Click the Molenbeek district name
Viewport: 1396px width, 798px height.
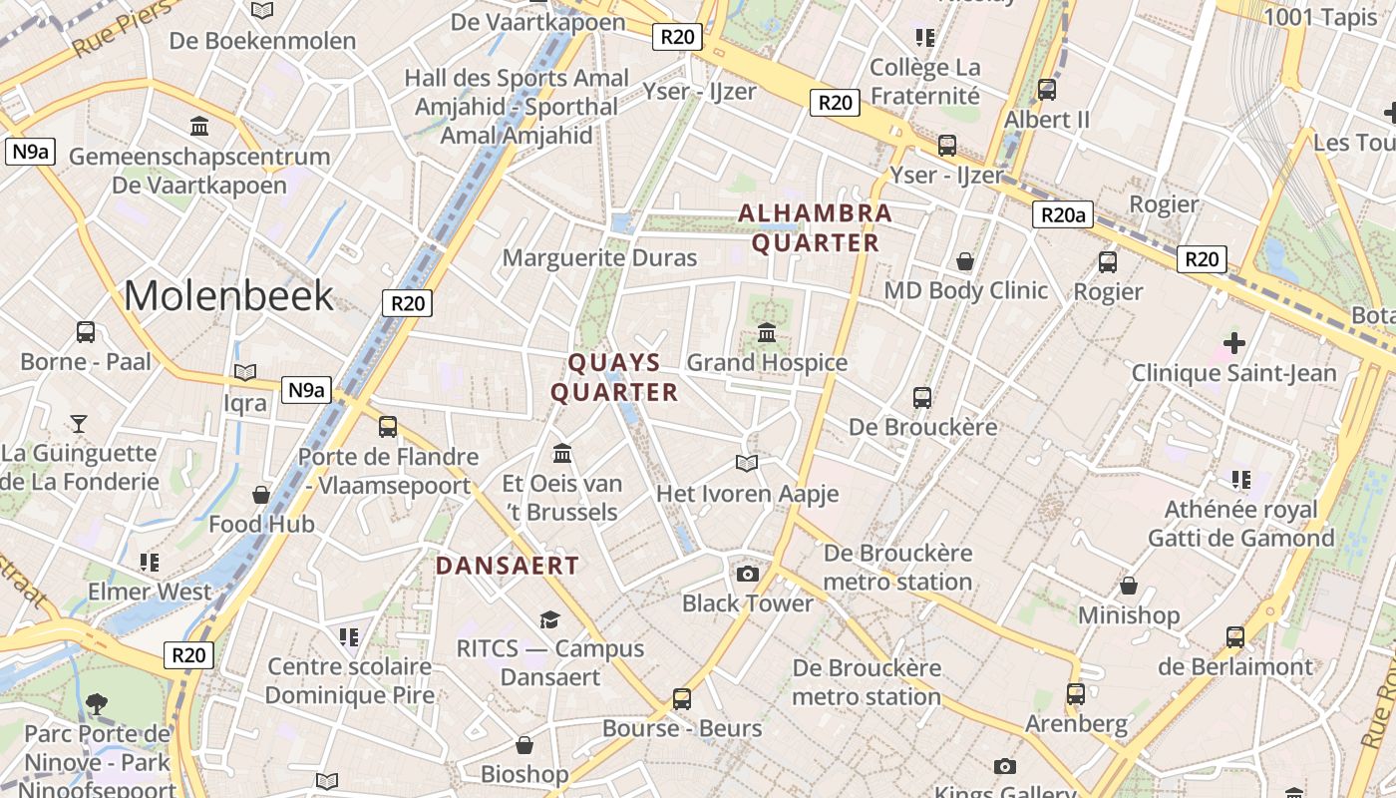pos(228,295)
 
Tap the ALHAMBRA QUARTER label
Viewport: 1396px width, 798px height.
pos(815,228)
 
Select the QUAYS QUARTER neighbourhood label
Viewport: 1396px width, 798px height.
pos(614,377)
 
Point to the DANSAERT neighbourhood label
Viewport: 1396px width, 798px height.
pos(507,566)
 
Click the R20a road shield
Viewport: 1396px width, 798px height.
pos(1062,214)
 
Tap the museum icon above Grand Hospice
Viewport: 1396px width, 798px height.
pos(767,332)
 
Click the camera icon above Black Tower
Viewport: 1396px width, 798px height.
pos(747,574)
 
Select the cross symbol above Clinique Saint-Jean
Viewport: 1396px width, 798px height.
pos(1234,343)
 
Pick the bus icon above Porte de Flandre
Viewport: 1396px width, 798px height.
pos(388,427)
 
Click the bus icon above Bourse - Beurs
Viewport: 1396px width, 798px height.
pos(682,698)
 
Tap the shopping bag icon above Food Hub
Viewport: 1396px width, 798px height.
pos(261,495)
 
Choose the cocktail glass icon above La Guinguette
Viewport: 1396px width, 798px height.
pos(79,423)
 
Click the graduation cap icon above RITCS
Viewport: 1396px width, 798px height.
pos(549,619)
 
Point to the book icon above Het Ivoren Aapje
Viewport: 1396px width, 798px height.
pos(747,463)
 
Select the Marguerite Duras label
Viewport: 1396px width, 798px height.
pos(599,257)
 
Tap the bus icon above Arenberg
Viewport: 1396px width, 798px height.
pos(1075,693)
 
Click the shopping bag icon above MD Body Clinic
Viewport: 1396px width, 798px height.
pos(965,261)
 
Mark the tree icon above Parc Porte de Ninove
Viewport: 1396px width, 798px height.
pos(97,704)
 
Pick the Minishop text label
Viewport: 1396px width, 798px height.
pos(1129,614)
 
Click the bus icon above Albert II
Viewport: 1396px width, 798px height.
pos(1047,89)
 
